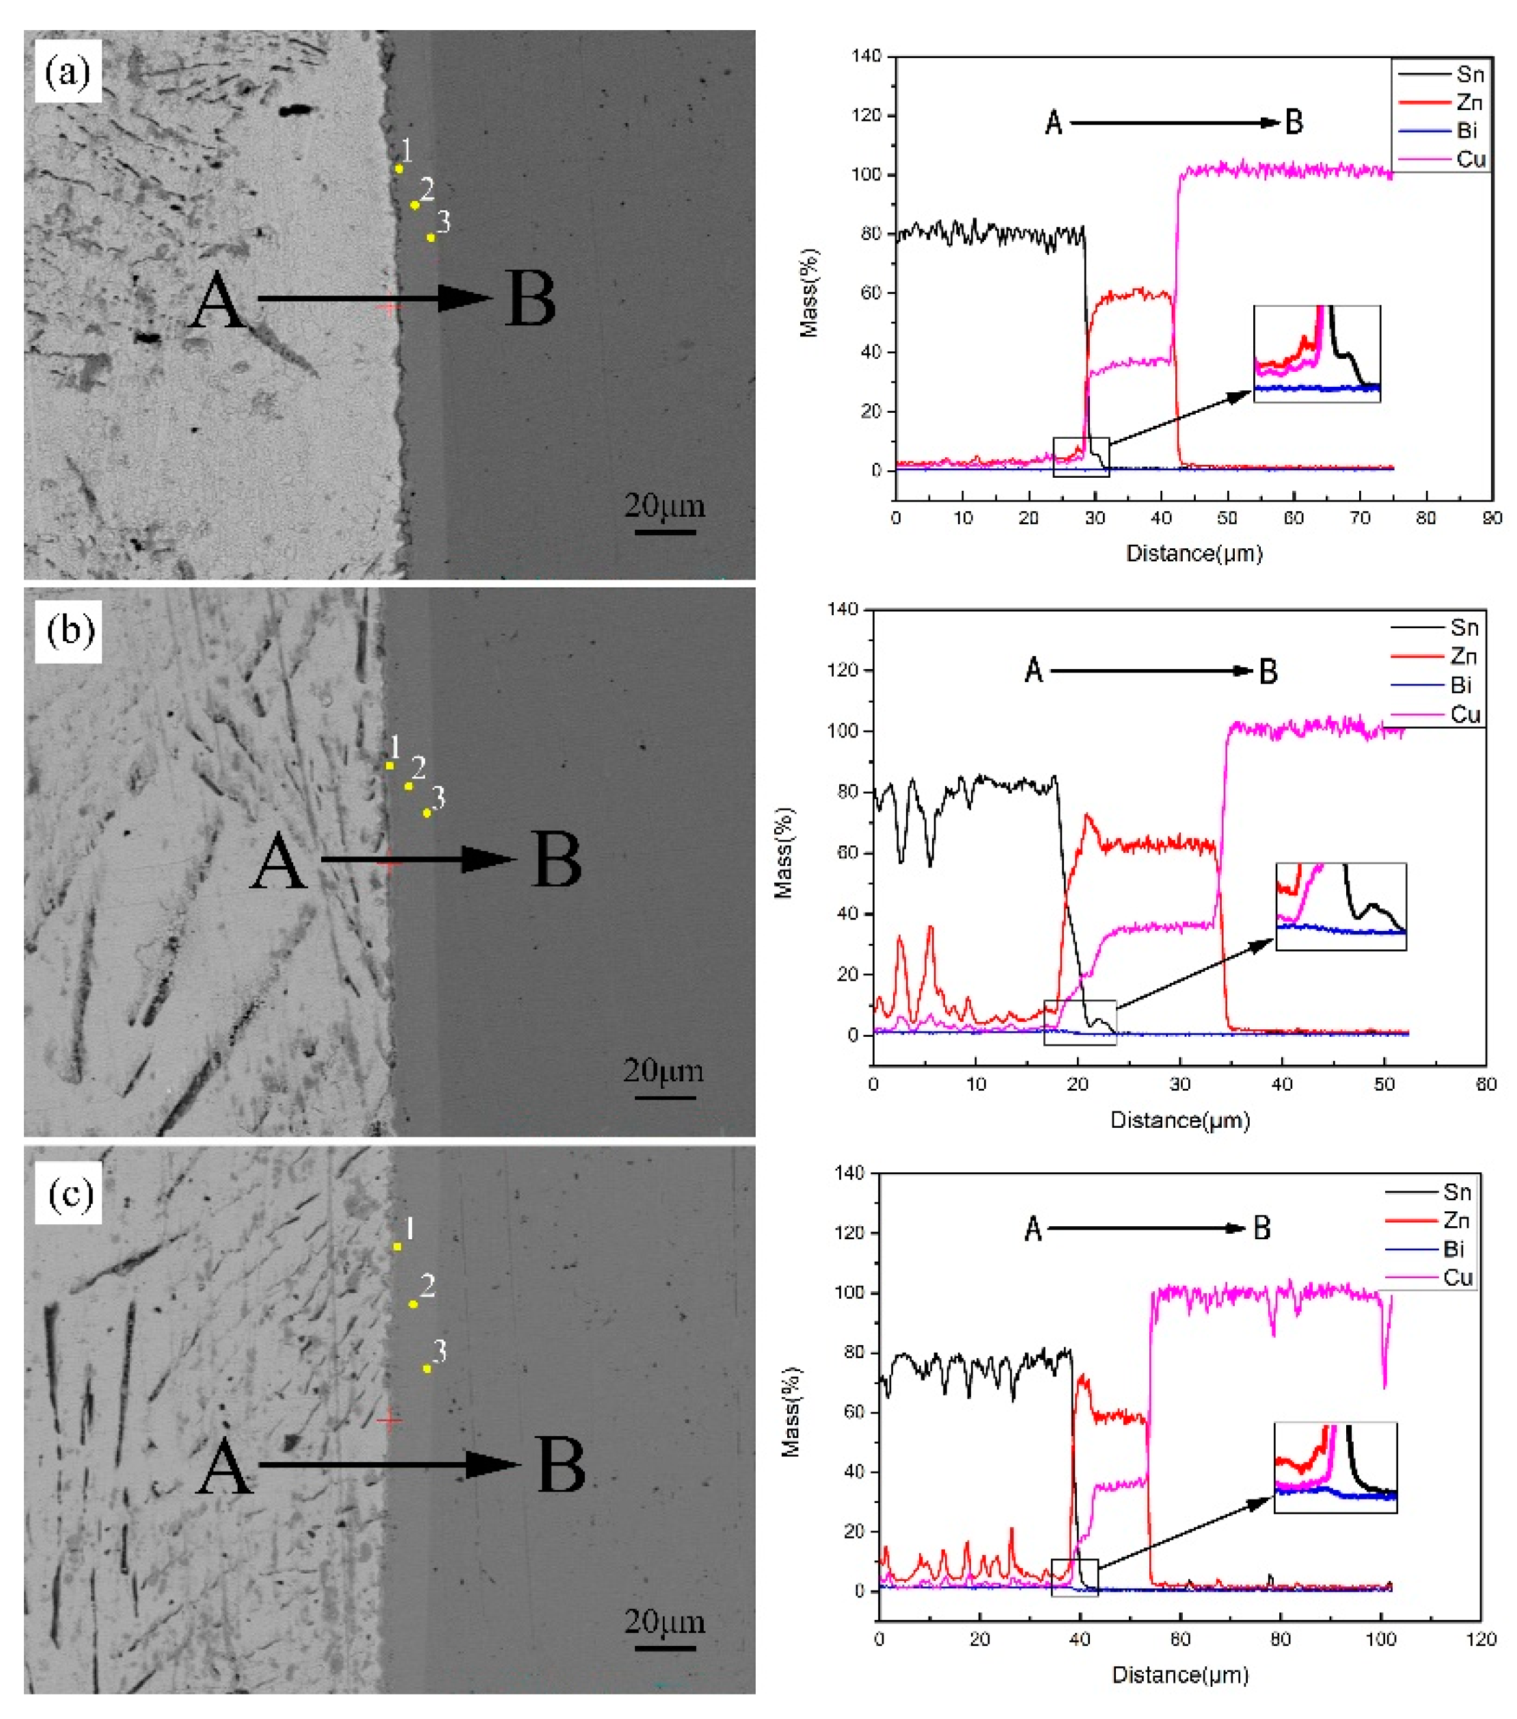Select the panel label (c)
click(x=69, y=1193)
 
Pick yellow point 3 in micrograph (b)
click(x=427, y=813)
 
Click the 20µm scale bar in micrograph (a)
click(x=664, y=532)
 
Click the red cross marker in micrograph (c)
click(x=389, y=1420)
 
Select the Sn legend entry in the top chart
click(x=1441, y=74)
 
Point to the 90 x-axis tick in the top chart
click(x=1492, y=518)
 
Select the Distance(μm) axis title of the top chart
click(x=1194, y=554)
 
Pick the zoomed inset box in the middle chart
click(x=1341, y=906)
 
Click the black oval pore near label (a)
click(x=295, y=110)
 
